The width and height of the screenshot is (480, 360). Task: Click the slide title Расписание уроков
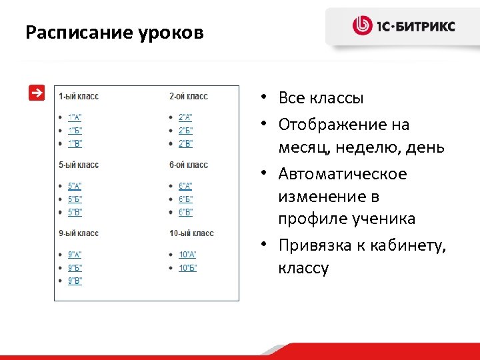[114, 33]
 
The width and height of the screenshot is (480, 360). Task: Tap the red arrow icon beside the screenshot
[37, 93]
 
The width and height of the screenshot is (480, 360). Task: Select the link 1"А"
[75, 117]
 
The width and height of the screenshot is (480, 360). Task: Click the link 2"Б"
[185, 131]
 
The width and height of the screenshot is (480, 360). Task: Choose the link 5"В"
[75, 213]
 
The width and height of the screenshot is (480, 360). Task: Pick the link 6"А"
[185, 186]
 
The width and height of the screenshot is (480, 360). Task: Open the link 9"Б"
[75, 268]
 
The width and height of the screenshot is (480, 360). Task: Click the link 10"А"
[187, 255]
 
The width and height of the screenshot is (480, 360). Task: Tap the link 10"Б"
[187, 268]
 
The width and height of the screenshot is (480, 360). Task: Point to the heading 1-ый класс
[79, 96]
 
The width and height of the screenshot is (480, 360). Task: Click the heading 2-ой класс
[189, 96]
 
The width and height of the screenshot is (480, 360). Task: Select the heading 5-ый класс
[79, 165]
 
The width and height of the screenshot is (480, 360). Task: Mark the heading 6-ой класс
[189, 165]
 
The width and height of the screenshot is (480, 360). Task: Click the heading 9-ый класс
[79, 233]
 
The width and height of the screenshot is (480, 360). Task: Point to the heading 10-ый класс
[191, 233]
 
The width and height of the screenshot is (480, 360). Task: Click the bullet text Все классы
[321, 99]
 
